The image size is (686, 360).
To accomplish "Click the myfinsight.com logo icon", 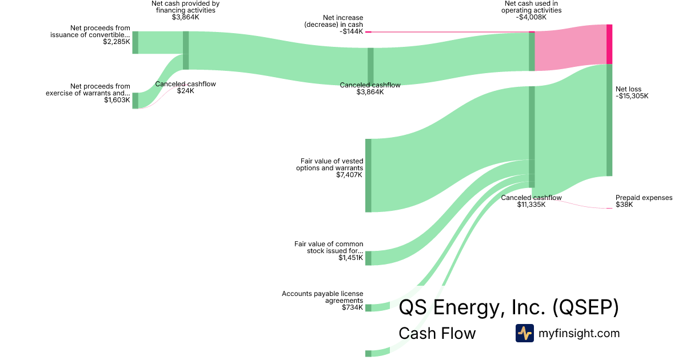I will [525, 333].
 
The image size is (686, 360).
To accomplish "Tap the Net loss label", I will [628, 89].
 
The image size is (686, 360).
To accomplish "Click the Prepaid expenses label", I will [644, 198].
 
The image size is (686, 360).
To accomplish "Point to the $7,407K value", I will [350, 175].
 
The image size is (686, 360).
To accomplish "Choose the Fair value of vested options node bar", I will [368, 175].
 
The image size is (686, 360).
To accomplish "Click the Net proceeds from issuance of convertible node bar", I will [135, 43].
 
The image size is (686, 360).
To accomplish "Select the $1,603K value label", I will [117, 101].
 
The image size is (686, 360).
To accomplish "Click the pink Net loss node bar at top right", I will [609, 44].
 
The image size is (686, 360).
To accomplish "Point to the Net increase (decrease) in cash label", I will [334, 25].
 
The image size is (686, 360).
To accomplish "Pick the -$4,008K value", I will [531, 18].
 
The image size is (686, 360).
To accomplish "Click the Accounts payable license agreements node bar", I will [368, 308].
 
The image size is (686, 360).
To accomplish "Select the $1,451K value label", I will [350, 258].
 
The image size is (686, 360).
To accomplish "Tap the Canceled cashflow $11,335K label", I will [531, 201].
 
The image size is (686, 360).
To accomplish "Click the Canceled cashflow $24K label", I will [185, 87].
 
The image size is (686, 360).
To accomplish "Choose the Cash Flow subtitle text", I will [437, 333].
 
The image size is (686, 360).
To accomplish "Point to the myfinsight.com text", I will [579, 333].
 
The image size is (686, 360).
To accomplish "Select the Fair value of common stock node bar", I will [368, 258].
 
